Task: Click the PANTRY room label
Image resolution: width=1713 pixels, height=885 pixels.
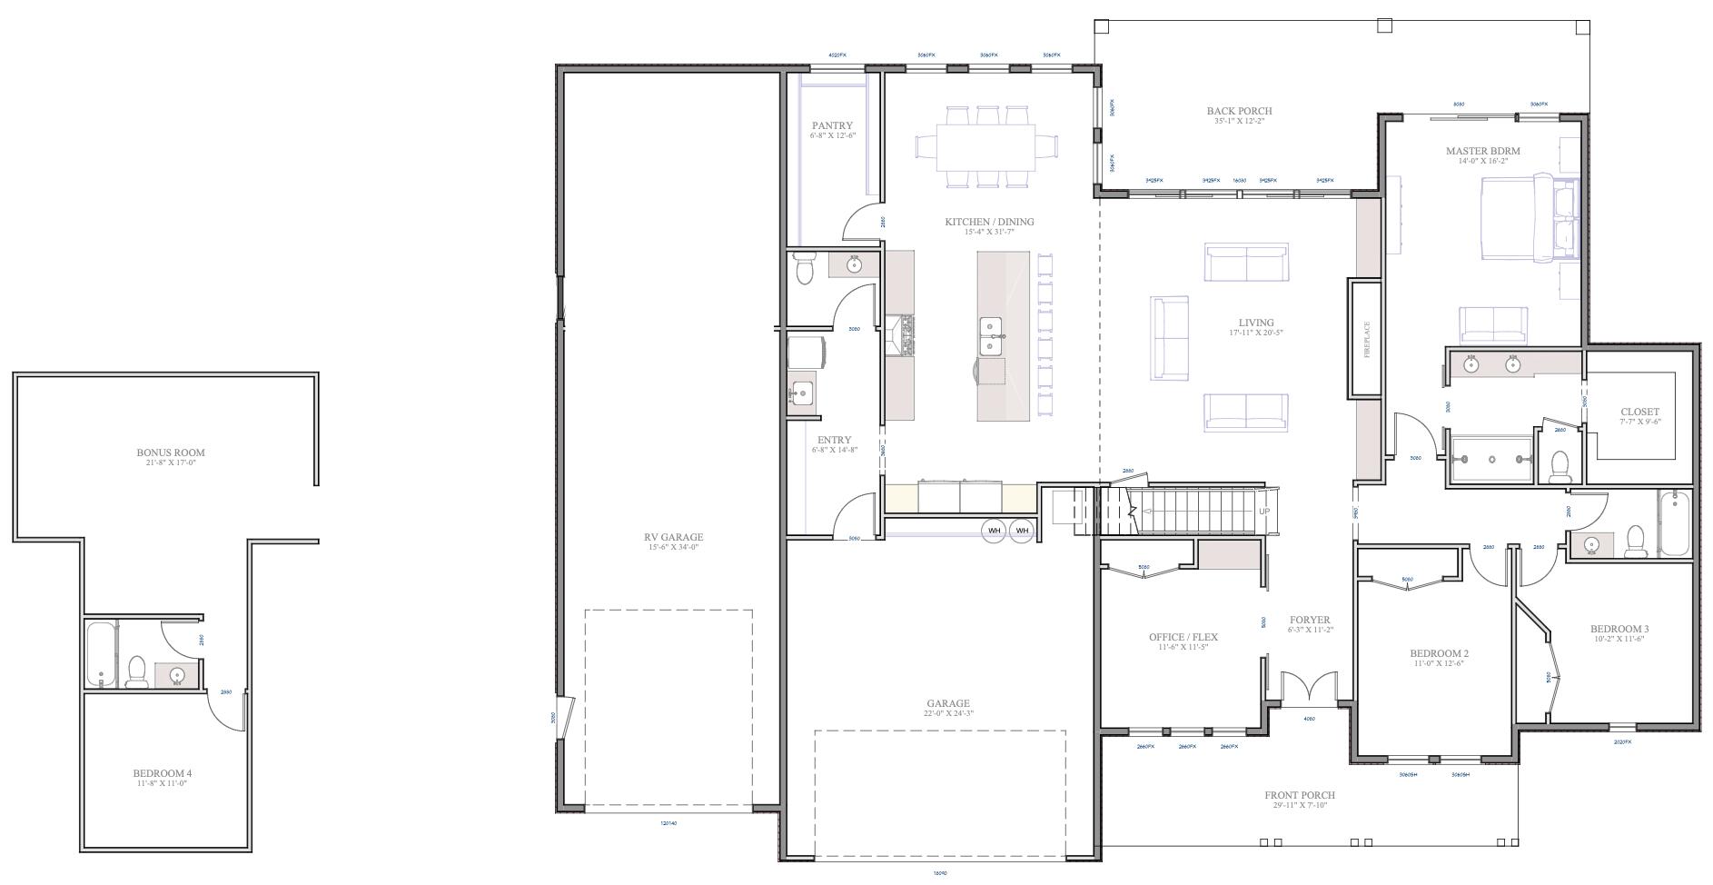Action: pyautogui.click(x=832, y=126)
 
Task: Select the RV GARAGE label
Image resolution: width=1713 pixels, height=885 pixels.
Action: pyautogui.click(x=673, y=537)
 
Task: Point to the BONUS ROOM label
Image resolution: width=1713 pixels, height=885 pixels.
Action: pyautogui.click(x=171, y=452)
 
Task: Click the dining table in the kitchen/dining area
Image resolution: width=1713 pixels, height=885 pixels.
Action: pyautogui.click(x=986, y=146)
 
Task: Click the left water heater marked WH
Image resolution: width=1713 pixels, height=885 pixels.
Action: pyautogui.click(x=994, y=531)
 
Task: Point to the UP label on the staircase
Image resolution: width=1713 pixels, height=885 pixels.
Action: pyautogui.click(x=1263, y=512)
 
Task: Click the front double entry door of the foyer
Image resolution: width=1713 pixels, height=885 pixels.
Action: pyautogui.click(x=1309, y=689)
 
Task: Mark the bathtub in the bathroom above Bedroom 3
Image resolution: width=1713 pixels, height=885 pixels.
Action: pyautogui.click(x=1674, y=524)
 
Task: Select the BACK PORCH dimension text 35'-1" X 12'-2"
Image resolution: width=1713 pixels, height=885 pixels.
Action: pyautogui.click(x=1239, y=121)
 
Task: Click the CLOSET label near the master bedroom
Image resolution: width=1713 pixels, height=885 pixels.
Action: pyautogui.click(x=1639, y=412)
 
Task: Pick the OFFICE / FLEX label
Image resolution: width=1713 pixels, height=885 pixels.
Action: pyautogui.click(x=1183, y=637)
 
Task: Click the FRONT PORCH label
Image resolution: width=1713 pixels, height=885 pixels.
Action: pyautogui.click(x=1299, y=795)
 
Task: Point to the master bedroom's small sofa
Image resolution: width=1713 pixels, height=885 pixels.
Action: pyautogui.click(x=1492, y=324)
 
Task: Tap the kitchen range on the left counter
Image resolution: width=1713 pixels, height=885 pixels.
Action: pyautogui.click(x=901, y=335)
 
